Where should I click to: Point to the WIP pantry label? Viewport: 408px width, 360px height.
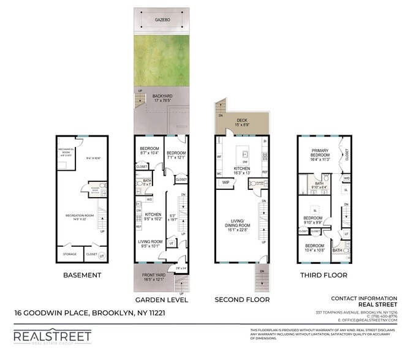coord(225,182)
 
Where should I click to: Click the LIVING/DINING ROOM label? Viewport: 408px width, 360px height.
coord(241,226)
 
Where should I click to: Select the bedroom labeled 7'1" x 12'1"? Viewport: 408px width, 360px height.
coord(177,155)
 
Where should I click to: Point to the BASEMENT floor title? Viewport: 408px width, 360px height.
coord(82,275)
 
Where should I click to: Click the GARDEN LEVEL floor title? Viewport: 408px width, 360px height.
coord(161,300)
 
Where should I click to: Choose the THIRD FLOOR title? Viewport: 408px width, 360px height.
coord(323,275)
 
